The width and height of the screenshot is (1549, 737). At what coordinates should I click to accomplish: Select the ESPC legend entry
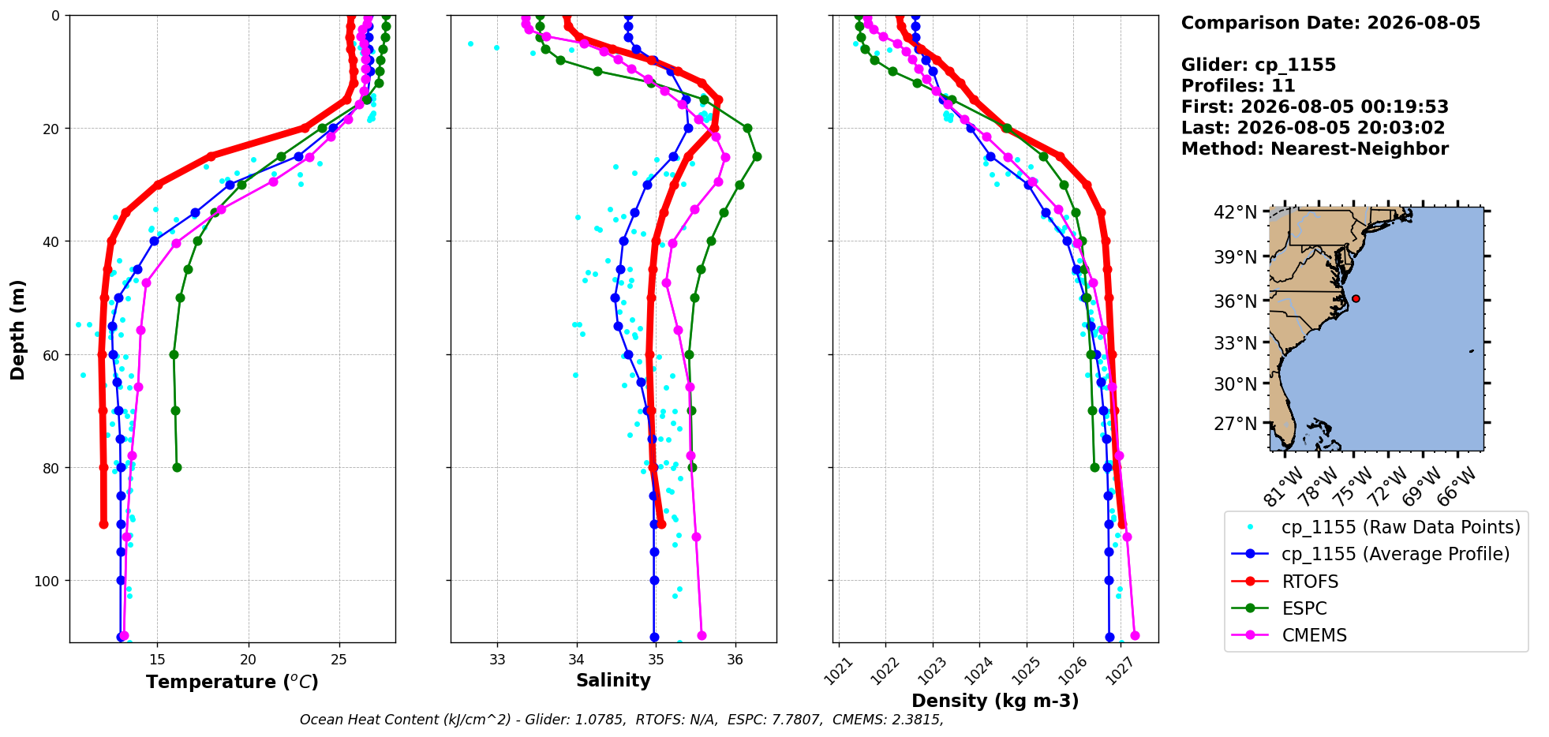[x=1279, y=608]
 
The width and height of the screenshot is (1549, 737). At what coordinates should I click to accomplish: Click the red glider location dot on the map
[x=1356, y=298]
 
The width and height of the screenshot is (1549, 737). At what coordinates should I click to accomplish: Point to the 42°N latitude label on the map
[x=1235, y=212]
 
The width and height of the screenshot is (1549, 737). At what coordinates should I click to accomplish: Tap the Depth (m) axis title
[x=17, y=329]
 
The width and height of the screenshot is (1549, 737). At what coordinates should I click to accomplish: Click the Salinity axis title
[x=613, y=680]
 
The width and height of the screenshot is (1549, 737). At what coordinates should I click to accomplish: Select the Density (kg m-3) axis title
[x=995, y=701]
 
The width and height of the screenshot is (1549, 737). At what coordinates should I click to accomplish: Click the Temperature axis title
[x=232, y=682]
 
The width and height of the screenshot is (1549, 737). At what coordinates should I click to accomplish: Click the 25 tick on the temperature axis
[x=339, y=659]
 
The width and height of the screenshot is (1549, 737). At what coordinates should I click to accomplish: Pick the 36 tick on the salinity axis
[x=735, y=659]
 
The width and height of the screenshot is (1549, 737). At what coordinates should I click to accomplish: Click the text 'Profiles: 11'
[x=1238, y=86]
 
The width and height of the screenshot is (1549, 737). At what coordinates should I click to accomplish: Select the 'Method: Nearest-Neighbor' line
[x=1315, y=149]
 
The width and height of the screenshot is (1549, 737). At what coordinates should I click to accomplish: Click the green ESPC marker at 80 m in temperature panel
[x=177, y=467]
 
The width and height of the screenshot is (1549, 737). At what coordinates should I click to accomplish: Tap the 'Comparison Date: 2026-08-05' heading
[x=1330, y=23]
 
